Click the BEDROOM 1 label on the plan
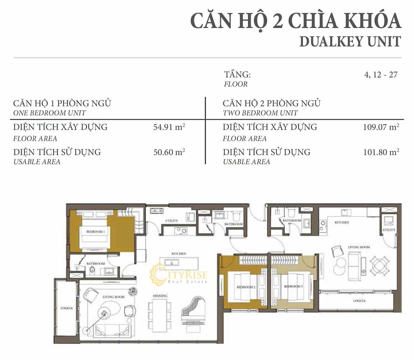pos(96,232)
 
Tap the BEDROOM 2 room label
pos(246,287)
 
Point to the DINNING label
pos(160,296)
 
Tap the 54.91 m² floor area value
pos(169,127)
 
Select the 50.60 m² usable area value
pos(169,152)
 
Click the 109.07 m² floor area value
pos(381,127)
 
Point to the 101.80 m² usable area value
pos(381,152)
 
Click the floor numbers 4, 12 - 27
pos(381,74)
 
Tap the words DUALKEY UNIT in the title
pos(350,41)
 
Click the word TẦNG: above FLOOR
pos(237,74)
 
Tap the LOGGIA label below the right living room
pos(359,301)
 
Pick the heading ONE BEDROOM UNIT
pos(49,113)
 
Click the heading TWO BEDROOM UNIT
pos(260,113)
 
